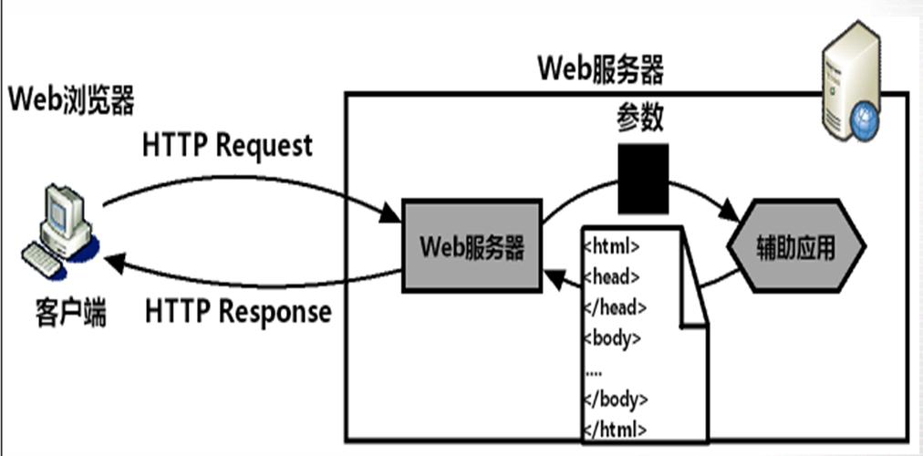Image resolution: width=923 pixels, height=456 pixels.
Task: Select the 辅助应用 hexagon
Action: (x=795, y=248)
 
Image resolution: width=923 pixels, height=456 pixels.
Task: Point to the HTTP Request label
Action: (x=227, y=146)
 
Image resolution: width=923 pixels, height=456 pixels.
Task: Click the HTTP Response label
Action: (x=238, y=313)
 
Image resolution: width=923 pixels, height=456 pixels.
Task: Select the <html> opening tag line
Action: (x=611, y=245)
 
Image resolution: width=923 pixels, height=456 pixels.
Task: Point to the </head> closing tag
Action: (x=614, y=307)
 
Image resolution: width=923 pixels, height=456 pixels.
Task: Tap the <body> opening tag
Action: (x=612, y=337)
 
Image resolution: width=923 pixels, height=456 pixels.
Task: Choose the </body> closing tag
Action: (x=615, y=399)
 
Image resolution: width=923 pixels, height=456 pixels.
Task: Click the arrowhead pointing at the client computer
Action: (x=115, y=263)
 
